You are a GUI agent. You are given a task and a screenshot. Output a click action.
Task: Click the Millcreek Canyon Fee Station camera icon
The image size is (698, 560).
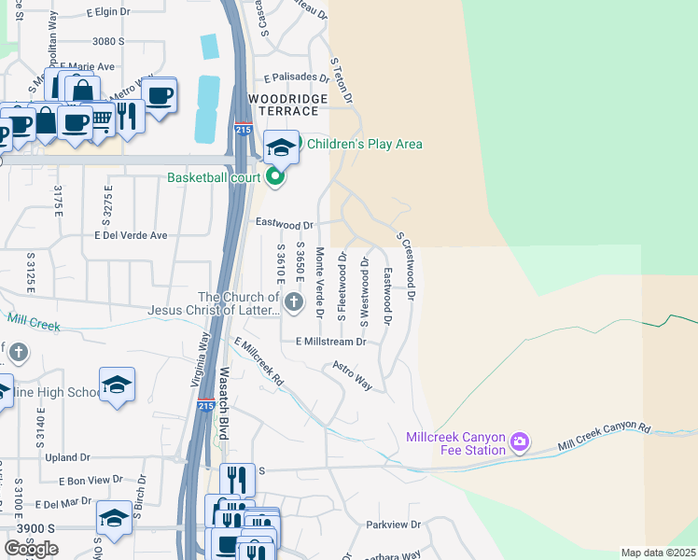point(520,440)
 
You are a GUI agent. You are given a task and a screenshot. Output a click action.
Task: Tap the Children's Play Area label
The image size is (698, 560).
point(365,144)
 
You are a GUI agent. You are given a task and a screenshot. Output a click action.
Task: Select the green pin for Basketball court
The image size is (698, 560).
point(274,176)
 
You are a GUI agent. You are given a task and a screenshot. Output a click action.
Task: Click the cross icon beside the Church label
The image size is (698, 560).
point(294,301)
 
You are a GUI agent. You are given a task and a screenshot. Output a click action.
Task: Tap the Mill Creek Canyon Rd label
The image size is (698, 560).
point(605,439)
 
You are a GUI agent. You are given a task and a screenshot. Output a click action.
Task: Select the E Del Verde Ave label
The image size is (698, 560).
point(130,235)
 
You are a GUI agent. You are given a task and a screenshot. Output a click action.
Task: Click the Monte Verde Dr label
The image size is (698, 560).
point(319,283)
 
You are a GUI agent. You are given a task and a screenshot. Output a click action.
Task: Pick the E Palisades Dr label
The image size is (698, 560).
point(297,78)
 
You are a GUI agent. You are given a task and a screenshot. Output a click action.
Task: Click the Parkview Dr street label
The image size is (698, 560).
point(394,525)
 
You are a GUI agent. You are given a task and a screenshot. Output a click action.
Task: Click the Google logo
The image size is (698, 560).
point(31,549)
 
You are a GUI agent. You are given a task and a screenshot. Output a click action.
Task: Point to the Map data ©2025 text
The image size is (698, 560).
point(658,553)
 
